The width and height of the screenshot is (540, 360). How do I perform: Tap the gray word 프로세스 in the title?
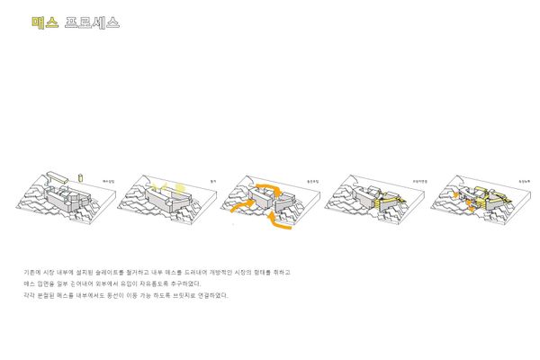click(x=93, y=22)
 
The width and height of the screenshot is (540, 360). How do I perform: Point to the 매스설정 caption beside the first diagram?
click(x=109, y=181)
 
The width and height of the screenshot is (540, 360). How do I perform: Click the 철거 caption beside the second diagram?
click(x=212, y=181)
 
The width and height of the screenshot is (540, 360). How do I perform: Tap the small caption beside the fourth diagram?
click(x=418, y=181)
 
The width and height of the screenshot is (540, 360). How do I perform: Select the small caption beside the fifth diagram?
click(x=523, y=181)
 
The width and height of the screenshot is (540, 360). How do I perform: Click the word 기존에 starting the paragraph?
click(x=31, y=271)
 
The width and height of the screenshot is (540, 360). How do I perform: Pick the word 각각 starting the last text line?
click(x=29, y=294)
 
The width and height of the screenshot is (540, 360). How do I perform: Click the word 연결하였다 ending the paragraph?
click(x=213, y=294)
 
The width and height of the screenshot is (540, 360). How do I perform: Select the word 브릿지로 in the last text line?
click(x=180, y=294)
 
